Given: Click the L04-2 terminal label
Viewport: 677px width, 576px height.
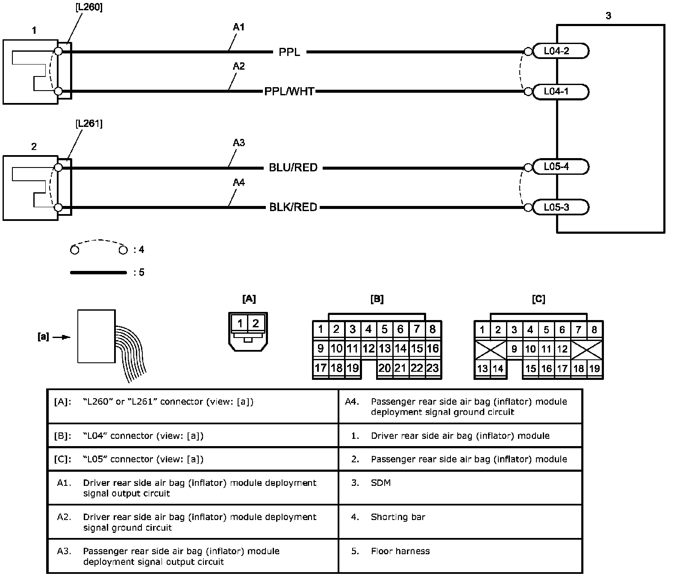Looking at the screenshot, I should tap(556, 51).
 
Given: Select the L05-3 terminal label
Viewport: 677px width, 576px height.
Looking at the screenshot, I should tap(556, 207).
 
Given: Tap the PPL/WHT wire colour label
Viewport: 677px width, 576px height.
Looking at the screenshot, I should tap(289, 91).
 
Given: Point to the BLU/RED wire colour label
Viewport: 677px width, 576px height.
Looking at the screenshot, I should tap(293, 168).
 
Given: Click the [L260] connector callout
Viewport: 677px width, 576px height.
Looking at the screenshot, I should tap(88, 8).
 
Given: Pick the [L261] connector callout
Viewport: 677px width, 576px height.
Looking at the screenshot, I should tap(88, 124).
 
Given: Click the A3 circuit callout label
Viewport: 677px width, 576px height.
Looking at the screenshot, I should tap(238, 143).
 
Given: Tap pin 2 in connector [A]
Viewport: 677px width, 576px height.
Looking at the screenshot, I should tap(256, 323).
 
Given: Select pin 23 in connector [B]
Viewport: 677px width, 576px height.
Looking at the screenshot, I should tap(433, 368).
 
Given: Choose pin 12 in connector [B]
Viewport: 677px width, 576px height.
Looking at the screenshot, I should tap(368, 349).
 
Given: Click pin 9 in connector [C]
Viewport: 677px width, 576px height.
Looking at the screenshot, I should tap(514, 349).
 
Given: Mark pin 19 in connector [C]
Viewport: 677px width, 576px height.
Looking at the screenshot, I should tap(595, 368).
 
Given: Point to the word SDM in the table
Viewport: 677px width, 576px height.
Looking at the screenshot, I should tap(380, 483).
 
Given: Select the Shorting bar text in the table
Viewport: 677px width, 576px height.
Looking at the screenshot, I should tap(398, 517).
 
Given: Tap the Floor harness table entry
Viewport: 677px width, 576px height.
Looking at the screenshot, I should tap(400, 551).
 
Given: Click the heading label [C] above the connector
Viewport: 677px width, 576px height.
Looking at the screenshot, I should tap(539, 299).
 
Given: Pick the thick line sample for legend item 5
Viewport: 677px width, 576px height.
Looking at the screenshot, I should tap(99, 272).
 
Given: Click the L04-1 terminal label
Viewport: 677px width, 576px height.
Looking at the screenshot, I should tap(556, 91).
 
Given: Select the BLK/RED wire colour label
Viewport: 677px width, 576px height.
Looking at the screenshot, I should tap(293, 207).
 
